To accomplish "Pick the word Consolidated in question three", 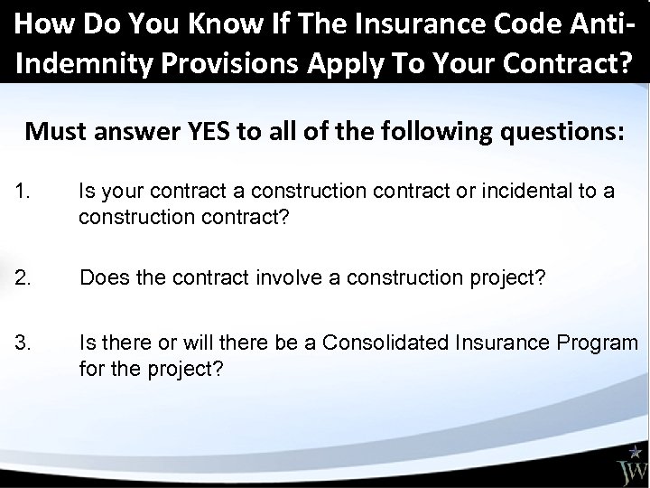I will (x=394, y=343).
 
